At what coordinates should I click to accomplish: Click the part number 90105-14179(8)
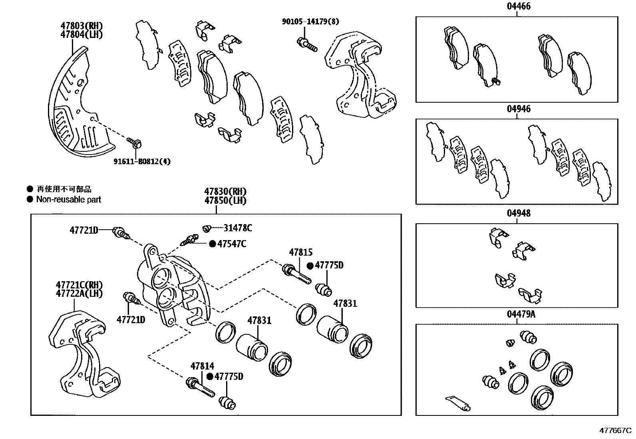pyautogui.click(x=310, y=22)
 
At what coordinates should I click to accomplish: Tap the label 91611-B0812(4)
pyautogui.click(x=142, y=162)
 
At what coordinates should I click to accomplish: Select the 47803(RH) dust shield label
pyautogui.click(x=81, y=25)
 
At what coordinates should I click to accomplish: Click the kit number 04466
pyautogui.click(x=519, y=6)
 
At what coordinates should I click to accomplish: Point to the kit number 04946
pyautogui.click(x=519, y=109)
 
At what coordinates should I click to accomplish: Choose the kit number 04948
pyautogui.click(x=519, y=213)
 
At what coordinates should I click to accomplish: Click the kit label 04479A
pyautogui.click(x=521, y=314)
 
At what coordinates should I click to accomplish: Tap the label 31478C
pyautogui.click(x=238, y=228)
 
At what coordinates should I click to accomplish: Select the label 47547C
pyautogui.click(x=232, y=244)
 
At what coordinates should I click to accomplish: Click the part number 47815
pyautogui.click(x=301, y=252)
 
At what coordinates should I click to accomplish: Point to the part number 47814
pyautogui.click(x=202, y=366)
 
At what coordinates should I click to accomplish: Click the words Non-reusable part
pyautogui.click(x=69, y=199)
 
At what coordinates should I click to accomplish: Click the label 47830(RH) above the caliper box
pyautogui.click(x=225, y=191)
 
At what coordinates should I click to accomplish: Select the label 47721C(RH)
pyautogui.click(x=79, y=285)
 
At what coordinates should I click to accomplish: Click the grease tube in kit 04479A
pyautogui.click(x=458, y=403)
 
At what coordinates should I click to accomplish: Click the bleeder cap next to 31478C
pyautogui.click(x=207, y=228)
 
